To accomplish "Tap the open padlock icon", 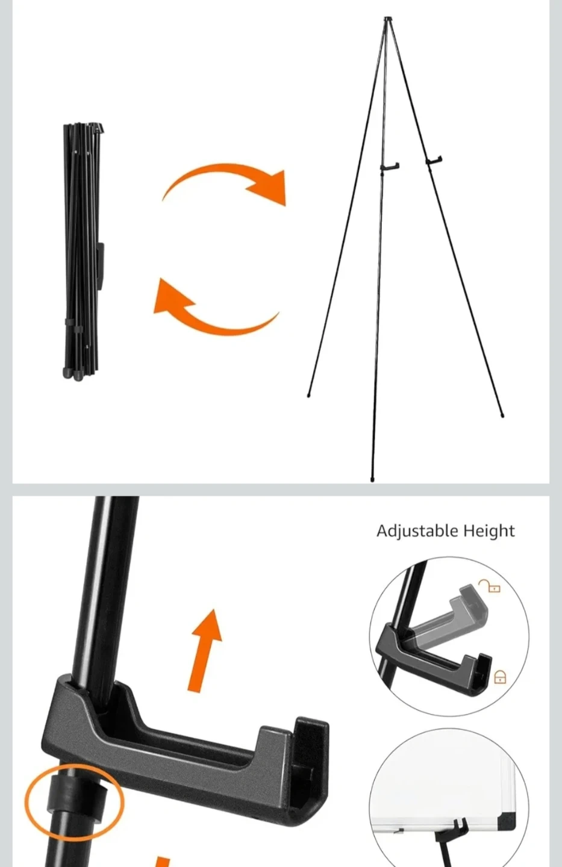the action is click(490, 586).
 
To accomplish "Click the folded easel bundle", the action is click(83, 252).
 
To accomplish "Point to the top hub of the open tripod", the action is click(388, 19).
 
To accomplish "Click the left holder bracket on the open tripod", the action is click(390, 167).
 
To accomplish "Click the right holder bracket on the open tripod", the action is click(434, 160).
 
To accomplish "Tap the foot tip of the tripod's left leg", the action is click(308, 395).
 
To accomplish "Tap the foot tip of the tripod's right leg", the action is click(503, 415).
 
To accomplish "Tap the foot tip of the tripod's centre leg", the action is click(372, 479).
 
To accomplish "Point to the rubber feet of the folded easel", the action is click(73, 373).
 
